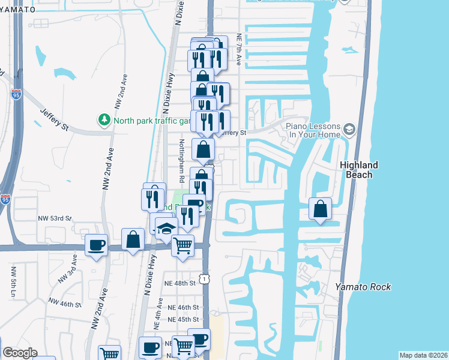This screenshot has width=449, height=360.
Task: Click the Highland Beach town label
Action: (360, 170)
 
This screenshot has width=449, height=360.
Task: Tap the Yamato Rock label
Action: (363, 287)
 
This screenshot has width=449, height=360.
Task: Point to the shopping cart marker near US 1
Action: (182, 245)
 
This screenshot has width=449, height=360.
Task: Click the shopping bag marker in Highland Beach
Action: (321, 209)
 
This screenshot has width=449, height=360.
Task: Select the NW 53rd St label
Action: (55, 218)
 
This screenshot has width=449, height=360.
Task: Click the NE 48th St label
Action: (181, 283)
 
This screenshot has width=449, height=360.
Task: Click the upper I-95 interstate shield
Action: (15, 94)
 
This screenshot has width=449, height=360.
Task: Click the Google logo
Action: (19, 353)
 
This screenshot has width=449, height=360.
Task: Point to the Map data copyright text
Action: (423, 355)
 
